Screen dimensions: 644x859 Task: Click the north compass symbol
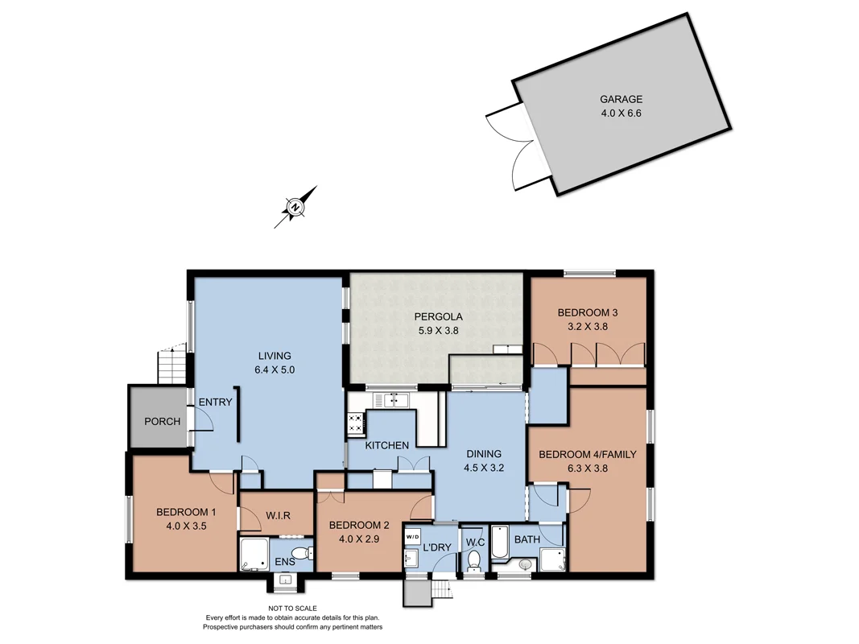tap(295, 208)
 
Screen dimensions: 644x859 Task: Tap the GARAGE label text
tap(621, 100)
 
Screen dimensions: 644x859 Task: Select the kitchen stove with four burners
tap(355, 423)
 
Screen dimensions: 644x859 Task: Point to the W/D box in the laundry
tap(412, 536)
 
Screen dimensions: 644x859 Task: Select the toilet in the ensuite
tap(301, 553)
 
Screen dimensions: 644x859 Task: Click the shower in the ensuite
tap(255, 555)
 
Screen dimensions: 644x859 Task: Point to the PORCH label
tap(162, 421)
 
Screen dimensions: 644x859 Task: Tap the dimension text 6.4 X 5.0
tap(274, 370)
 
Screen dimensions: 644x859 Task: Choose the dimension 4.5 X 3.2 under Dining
tap(483, 467)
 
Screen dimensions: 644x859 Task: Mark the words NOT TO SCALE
tap(292, 609)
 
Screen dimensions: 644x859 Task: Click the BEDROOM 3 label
tap(587, 312)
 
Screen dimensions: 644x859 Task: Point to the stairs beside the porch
tap(170, 365)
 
